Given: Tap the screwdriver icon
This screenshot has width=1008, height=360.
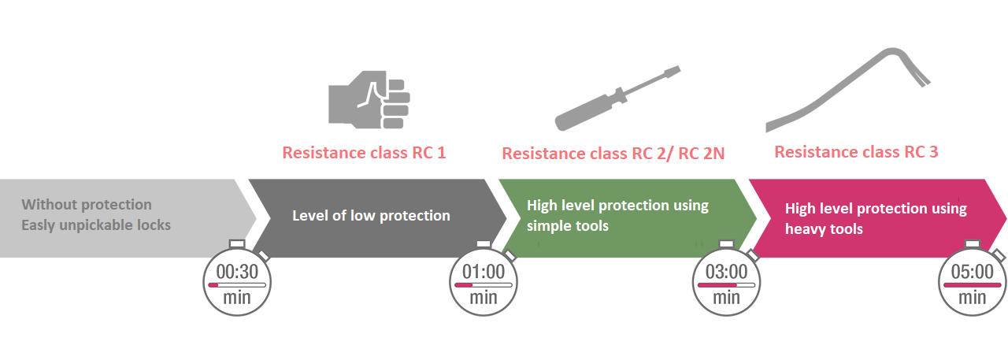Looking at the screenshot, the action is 617,98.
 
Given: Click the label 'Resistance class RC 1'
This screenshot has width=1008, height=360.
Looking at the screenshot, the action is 364,153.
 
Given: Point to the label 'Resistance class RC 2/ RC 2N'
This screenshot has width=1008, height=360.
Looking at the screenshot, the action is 613,154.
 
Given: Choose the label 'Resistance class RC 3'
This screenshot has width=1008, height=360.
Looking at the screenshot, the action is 856,152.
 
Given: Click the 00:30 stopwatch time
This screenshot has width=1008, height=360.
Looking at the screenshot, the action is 237,272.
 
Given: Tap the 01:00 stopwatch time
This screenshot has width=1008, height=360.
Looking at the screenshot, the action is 484,272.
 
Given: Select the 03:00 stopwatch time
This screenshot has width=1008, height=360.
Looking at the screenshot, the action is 726,272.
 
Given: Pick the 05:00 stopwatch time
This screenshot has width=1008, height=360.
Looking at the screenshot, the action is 972,272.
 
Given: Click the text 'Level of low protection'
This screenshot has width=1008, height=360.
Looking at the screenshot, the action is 371,216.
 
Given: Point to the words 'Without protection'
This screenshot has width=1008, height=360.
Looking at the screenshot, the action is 87,205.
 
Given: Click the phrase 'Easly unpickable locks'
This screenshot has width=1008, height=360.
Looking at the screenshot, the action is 96,225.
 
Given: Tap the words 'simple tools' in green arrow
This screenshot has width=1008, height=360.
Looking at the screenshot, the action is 568,226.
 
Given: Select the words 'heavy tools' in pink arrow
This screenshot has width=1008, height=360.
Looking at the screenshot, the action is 824,229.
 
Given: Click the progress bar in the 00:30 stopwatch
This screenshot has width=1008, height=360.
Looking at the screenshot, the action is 237,285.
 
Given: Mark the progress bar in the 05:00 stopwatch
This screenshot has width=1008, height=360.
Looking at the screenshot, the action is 972,285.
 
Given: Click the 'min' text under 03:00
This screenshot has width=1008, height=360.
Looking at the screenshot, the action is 726,298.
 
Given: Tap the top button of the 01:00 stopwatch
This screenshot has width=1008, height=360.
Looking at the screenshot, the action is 484,244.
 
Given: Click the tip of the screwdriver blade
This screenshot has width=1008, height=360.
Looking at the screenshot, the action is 679,69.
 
